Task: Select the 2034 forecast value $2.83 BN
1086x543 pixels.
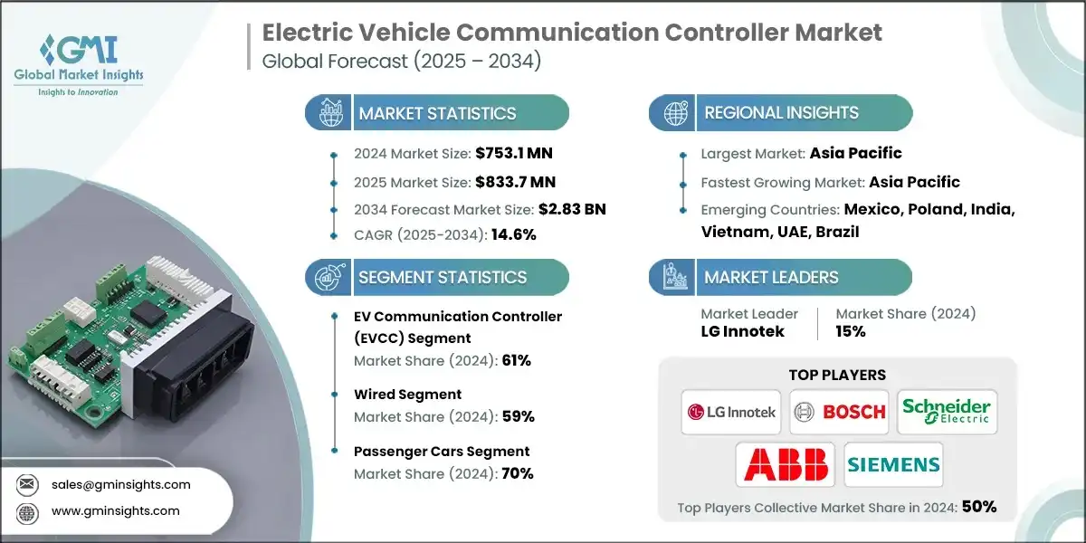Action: [x=572, y=209]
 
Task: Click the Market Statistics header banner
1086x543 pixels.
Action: [x=437, y=113]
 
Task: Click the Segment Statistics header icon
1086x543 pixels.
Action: [x=327, y=278]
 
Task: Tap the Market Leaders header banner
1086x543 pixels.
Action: [x=780, y=278]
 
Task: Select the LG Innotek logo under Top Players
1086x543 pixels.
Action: [x=731, y=412]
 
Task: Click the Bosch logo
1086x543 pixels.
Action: [x=838, y=412]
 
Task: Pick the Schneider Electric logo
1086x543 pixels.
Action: [x=947, y=412]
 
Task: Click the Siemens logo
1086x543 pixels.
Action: [x=893, y=464]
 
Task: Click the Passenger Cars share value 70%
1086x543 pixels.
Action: [x=517, y=472]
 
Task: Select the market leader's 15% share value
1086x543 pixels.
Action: [x=851, y=331]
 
